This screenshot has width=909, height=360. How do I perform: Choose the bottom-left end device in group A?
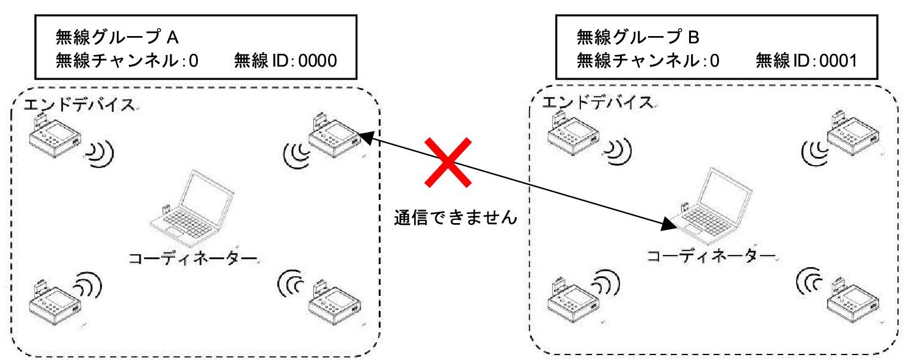click(54, 302)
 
